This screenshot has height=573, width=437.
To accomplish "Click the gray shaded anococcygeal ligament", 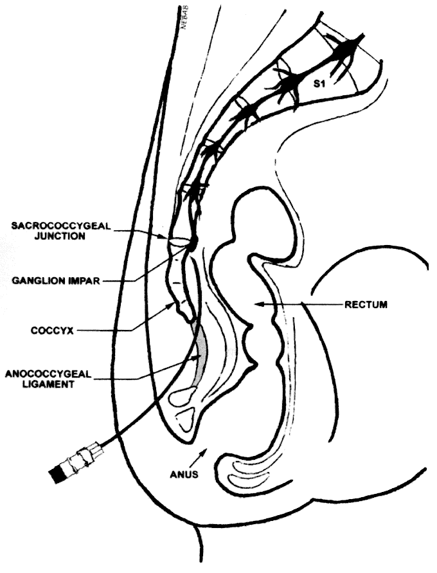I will click(x=201, y=354).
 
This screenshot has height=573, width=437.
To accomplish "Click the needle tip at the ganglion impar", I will click(x=192, y=245).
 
